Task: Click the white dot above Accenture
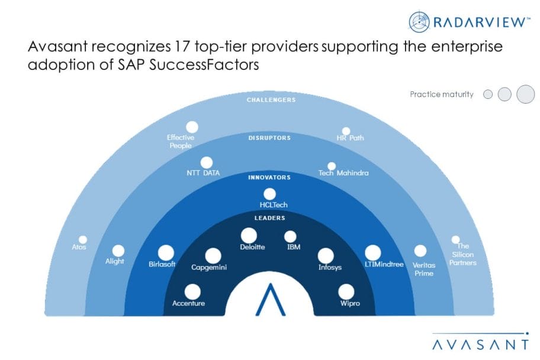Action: [x=192, y=292]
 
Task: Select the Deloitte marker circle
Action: [x=249, y=236]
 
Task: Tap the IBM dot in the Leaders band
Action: [x=290, y=237]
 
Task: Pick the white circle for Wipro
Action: [x=346, y=292]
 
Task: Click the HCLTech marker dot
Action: [x=269, y=194]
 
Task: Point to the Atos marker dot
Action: [x=83, y=240]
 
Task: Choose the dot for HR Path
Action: [x=346, y=131]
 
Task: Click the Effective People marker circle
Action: [x=192, y=127]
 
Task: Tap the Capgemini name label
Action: [x=209, y=267]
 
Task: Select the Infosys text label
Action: [x=330, y=267]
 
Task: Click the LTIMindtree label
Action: [x=384, y=265]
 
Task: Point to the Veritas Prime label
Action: [x=424, y=269]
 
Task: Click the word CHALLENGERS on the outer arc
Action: [x=271, y=100]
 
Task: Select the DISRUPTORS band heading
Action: [x=269, y=138]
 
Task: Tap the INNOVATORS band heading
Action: [x=269, y=178]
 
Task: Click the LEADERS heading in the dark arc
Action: [x=269, y=218]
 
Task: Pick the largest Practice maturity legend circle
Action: [x=526, y=94]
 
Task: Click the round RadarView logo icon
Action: [x=419, y=22]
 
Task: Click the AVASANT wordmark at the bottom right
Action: [x=480, y=345]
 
